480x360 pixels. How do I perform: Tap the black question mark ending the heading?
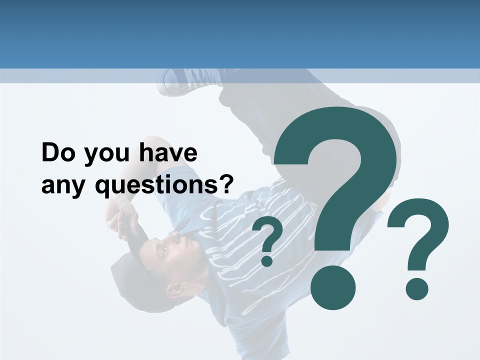coord(225,184)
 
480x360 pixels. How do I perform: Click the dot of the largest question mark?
coord(332,288)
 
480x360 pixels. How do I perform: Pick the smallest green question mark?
coord(268,240)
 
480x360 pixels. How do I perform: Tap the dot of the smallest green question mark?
coord(267,260)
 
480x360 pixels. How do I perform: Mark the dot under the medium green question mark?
coord(416,289)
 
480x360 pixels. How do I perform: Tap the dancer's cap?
coord(125,270)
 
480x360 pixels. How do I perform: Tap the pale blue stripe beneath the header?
coord(240,76)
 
